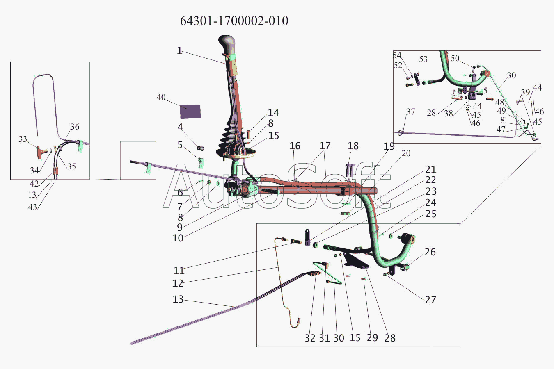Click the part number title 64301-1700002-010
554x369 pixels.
coord(234,21)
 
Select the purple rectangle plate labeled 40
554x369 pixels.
coord(190,112)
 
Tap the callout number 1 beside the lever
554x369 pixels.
coord(180,51)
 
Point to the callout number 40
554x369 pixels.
coord(161,97)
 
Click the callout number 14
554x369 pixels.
coord(273,113)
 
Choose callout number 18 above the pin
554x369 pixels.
coord(353,146)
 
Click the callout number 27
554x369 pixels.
coord(430,300)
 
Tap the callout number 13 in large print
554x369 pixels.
coord(178,299)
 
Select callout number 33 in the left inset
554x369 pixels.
coord(23,139)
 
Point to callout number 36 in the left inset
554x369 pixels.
coord(75,127)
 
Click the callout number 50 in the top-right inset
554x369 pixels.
coord(455,58)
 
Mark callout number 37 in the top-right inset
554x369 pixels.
coord(410,112)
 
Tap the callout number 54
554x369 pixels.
coord(397,55)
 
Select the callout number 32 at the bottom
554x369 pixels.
coord(310,338)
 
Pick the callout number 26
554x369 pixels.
coord(430,252)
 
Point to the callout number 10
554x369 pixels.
coord(178,238)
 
